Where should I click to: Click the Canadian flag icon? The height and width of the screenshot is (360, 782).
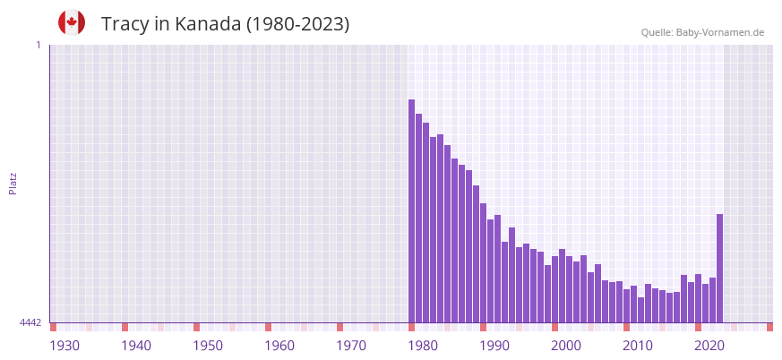tap(72, 22)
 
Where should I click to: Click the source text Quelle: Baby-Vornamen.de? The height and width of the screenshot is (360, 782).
tap(702, 32)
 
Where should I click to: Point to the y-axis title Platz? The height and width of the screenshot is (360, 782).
tap(13, 183)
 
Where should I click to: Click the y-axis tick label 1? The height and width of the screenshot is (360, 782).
tap(38, 45)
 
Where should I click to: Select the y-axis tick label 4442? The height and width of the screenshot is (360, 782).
tap(30, 322)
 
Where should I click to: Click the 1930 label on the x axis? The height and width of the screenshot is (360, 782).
tap(64, 346)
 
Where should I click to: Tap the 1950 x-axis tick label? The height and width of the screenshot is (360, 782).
tap(208, 346)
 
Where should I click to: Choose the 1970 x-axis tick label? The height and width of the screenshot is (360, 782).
tap(351, 346)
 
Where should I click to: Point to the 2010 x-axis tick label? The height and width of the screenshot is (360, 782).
tap(638, 346)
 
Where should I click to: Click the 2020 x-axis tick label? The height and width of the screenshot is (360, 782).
tap(709, 346)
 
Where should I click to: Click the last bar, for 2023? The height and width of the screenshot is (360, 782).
tap(720, 269)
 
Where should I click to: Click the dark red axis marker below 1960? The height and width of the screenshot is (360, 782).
tap(268, 327)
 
